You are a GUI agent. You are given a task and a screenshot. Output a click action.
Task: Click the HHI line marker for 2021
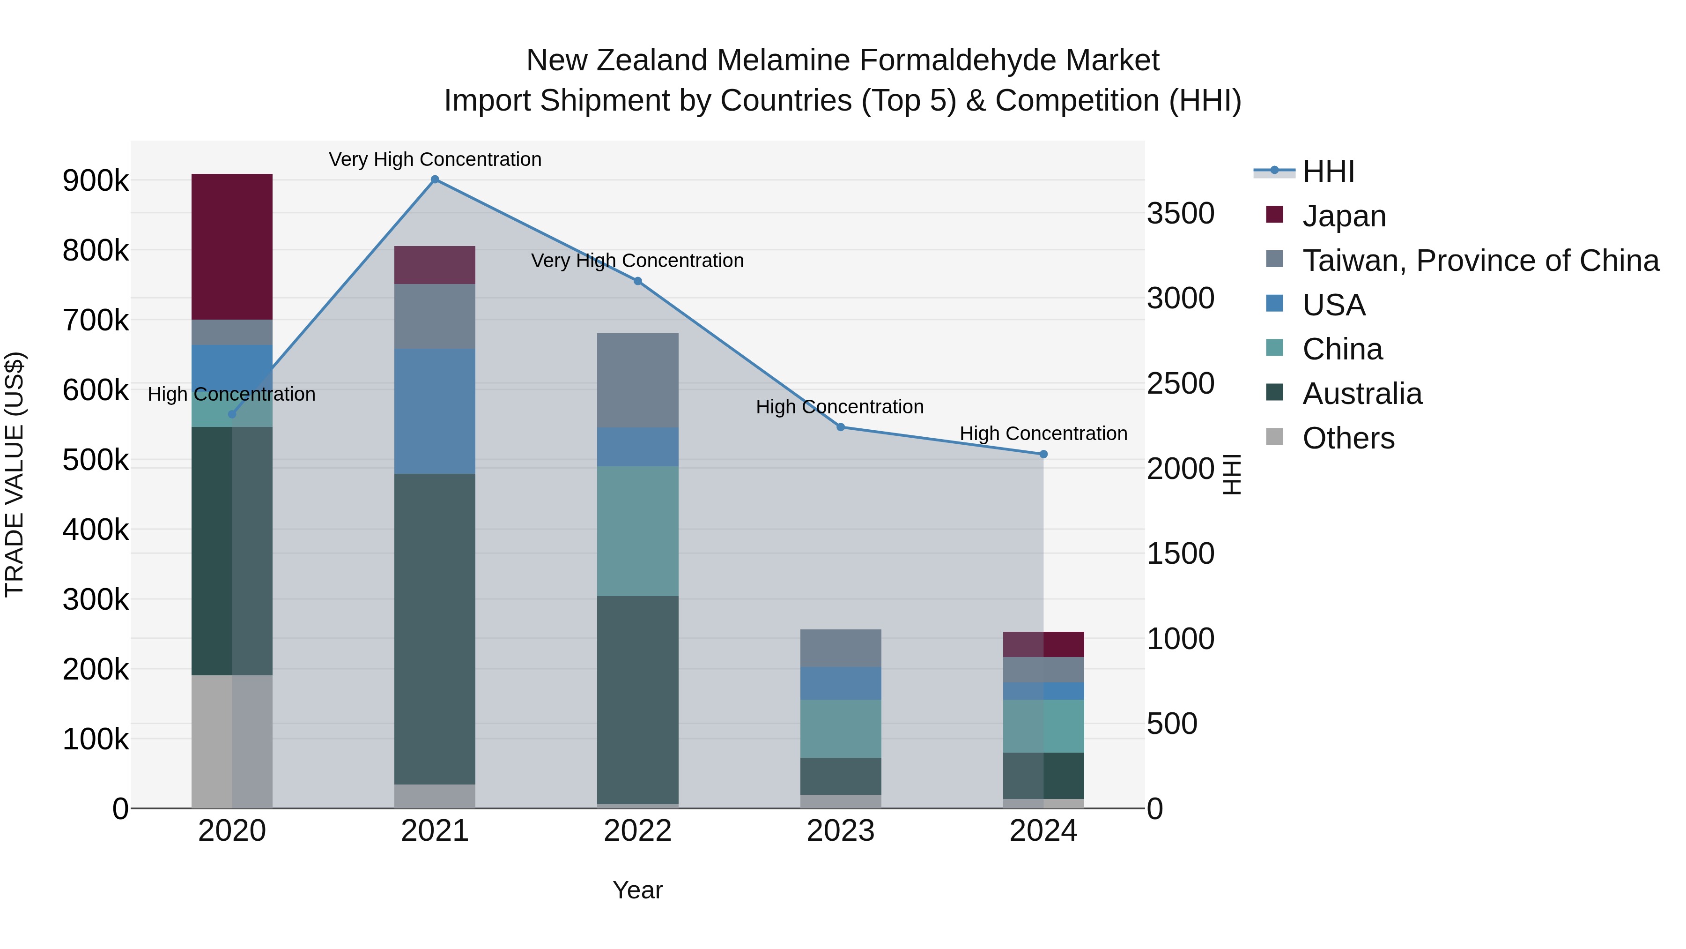point(435,179)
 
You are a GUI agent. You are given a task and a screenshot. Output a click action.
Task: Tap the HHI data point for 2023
point(841,427)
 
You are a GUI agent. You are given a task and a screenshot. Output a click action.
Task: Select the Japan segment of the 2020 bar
point(232,247)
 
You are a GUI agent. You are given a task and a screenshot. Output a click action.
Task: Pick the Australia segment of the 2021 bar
point(435,629)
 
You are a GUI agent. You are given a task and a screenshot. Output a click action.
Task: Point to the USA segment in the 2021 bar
point(435,411)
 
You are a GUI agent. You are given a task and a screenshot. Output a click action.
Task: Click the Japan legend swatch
point(1274,215)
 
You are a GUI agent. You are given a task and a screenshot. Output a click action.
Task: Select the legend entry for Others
point(1348,438)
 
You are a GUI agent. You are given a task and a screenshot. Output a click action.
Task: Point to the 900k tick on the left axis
point(96,181)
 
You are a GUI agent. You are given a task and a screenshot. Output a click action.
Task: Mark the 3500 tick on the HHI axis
point(1180,214)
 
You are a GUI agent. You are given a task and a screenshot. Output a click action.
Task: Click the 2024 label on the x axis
point(1043,831)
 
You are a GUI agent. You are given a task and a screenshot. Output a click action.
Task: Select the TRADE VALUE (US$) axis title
point(15,474)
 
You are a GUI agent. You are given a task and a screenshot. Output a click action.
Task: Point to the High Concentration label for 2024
point(1043,433)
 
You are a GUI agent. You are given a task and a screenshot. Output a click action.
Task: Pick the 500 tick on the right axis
point(1172,724)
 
